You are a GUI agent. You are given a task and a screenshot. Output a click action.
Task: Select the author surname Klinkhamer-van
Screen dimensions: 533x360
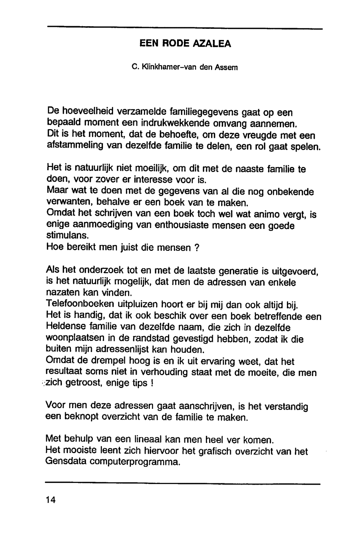[164, 67]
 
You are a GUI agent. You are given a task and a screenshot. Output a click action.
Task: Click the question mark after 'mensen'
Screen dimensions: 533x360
[197, 248]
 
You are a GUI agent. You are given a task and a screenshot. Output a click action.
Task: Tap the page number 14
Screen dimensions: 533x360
[51, 500]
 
